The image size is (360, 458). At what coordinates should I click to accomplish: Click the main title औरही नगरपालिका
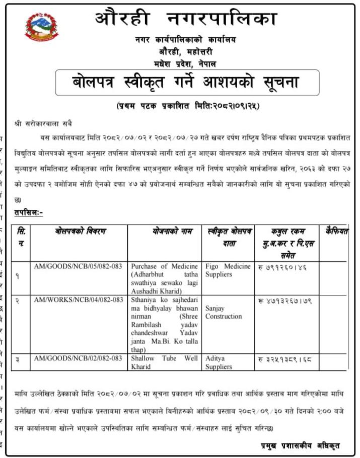(186, 20)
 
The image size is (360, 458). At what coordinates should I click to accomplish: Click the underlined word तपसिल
(28, 213)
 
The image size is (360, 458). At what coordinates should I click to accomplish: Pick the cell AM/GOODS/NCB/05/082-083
(78, 266)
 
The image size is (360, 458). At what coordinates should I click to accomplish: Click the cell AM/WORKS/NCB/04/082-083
(78, 300)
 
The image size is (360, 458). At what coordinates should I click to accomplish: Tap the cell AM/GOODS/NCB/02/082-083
(78, 358)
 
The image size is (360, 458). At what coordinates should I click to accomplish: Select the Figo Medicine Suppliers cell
(228, 270)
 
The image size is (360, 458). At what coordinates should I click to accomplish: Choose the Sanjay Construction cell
(224, 312)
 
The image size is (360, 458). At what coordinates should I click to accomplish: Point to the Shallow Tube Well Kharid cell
(164, 362)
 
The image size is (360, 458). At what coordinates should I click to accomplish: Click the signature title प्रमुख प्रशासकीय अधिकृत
(300, 445)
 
